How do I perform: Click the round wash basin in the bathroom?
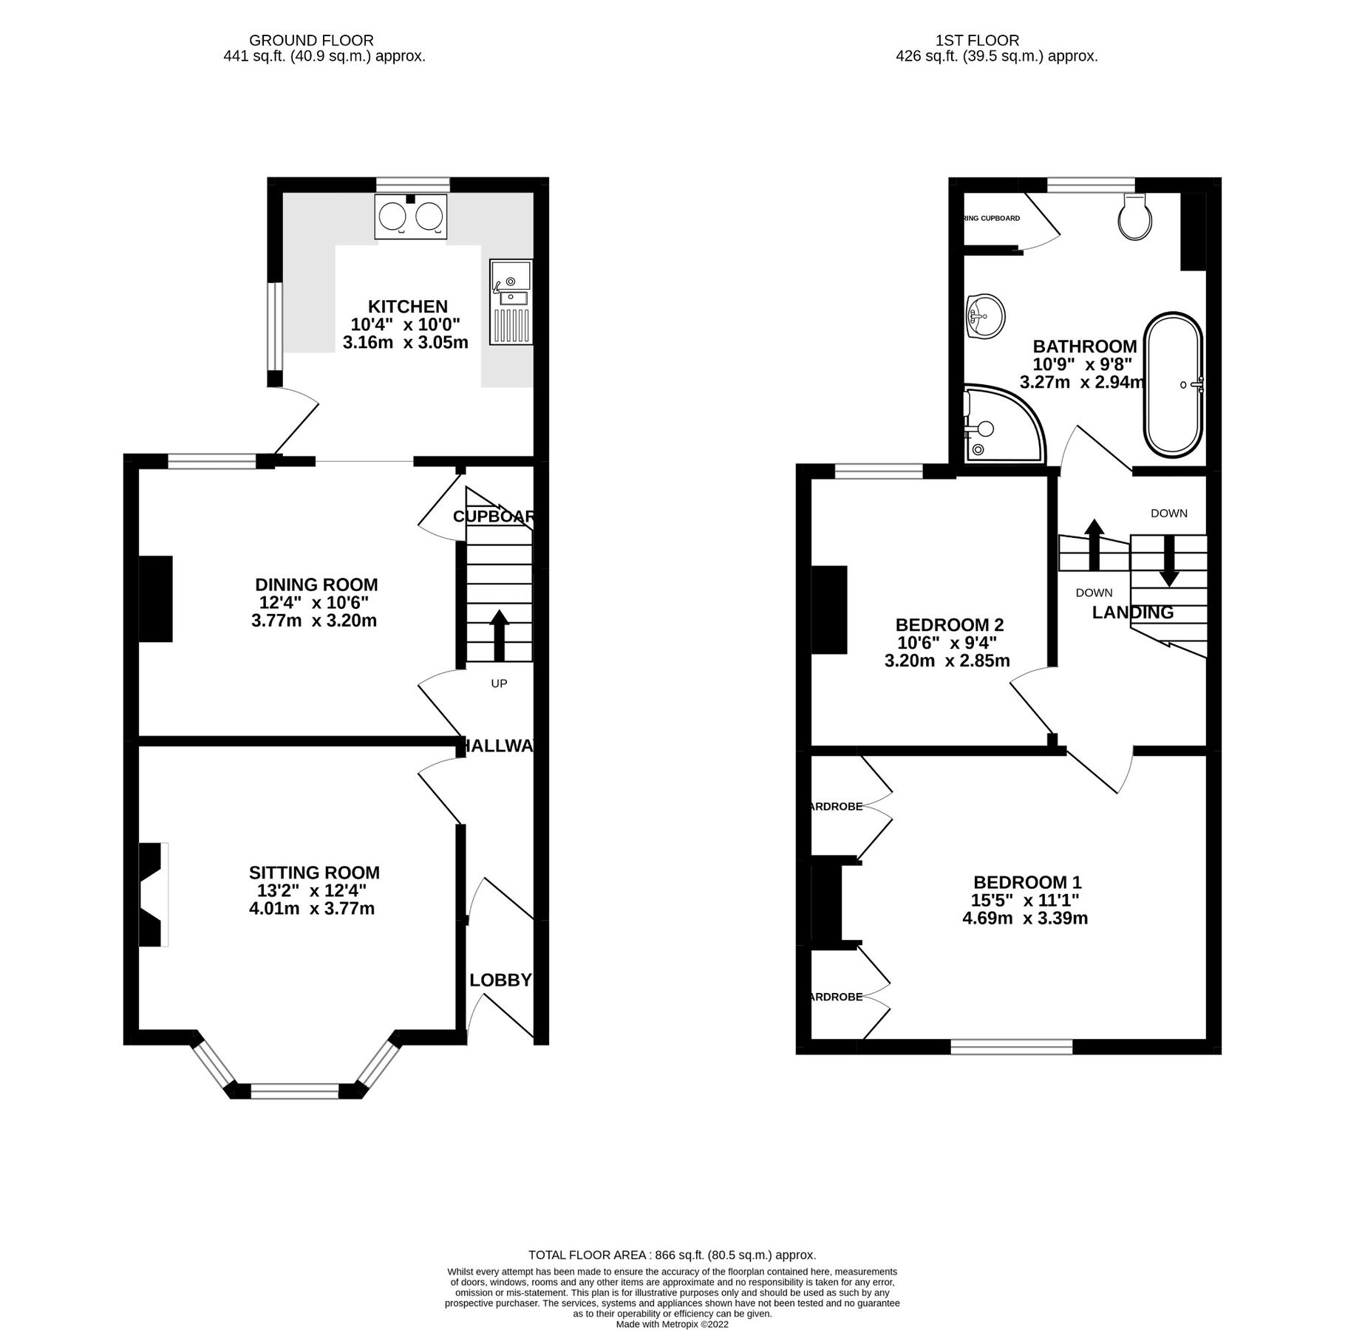point(984,316)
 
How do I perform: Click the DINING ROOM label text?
point(316,585)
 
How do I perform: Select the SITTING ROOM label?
point(314,873)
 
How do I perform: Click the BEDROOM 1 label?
point(1027,882)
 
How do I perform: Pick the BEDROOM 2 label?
point(950,625)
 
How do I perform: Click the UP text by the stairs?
point(499,683)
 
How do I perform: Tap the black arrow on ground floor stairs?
point(499,635)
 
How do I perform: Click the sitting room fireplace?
point(153,895)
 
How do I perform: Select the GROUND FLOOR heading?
point(311,41)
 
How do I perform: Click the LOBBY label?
point(500,981)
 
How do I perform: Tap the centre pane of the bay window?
point(296,1091)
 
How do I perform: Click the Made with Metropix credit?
point(672,1325)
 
